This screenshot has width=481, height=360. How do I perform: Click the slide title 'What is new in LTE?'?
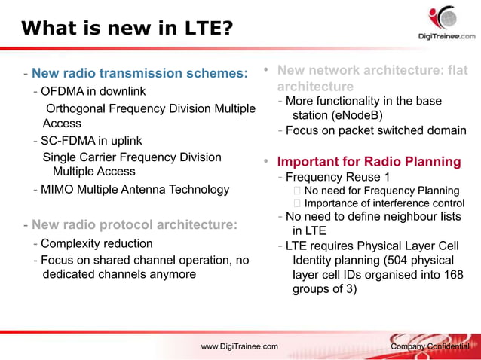point(127,29)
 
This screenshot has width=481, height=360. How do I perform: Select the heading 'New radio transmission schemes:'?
point(139,73)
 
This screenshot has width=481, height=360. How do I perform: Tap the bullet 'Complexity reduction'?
point(97,244)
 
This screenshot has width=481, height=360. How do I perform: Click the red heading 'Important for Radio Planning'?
point(369,162)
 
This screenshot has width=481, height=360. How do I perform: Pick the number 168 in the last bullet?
point(453,275)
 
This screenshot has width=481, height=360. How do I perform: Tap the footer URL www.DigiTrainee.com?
point(239,346)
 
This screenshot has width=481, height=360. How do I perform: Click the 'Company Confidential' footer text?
point(430,346)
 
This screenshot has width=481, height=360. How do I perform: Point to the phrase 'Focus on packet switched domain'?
point(376,130)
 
